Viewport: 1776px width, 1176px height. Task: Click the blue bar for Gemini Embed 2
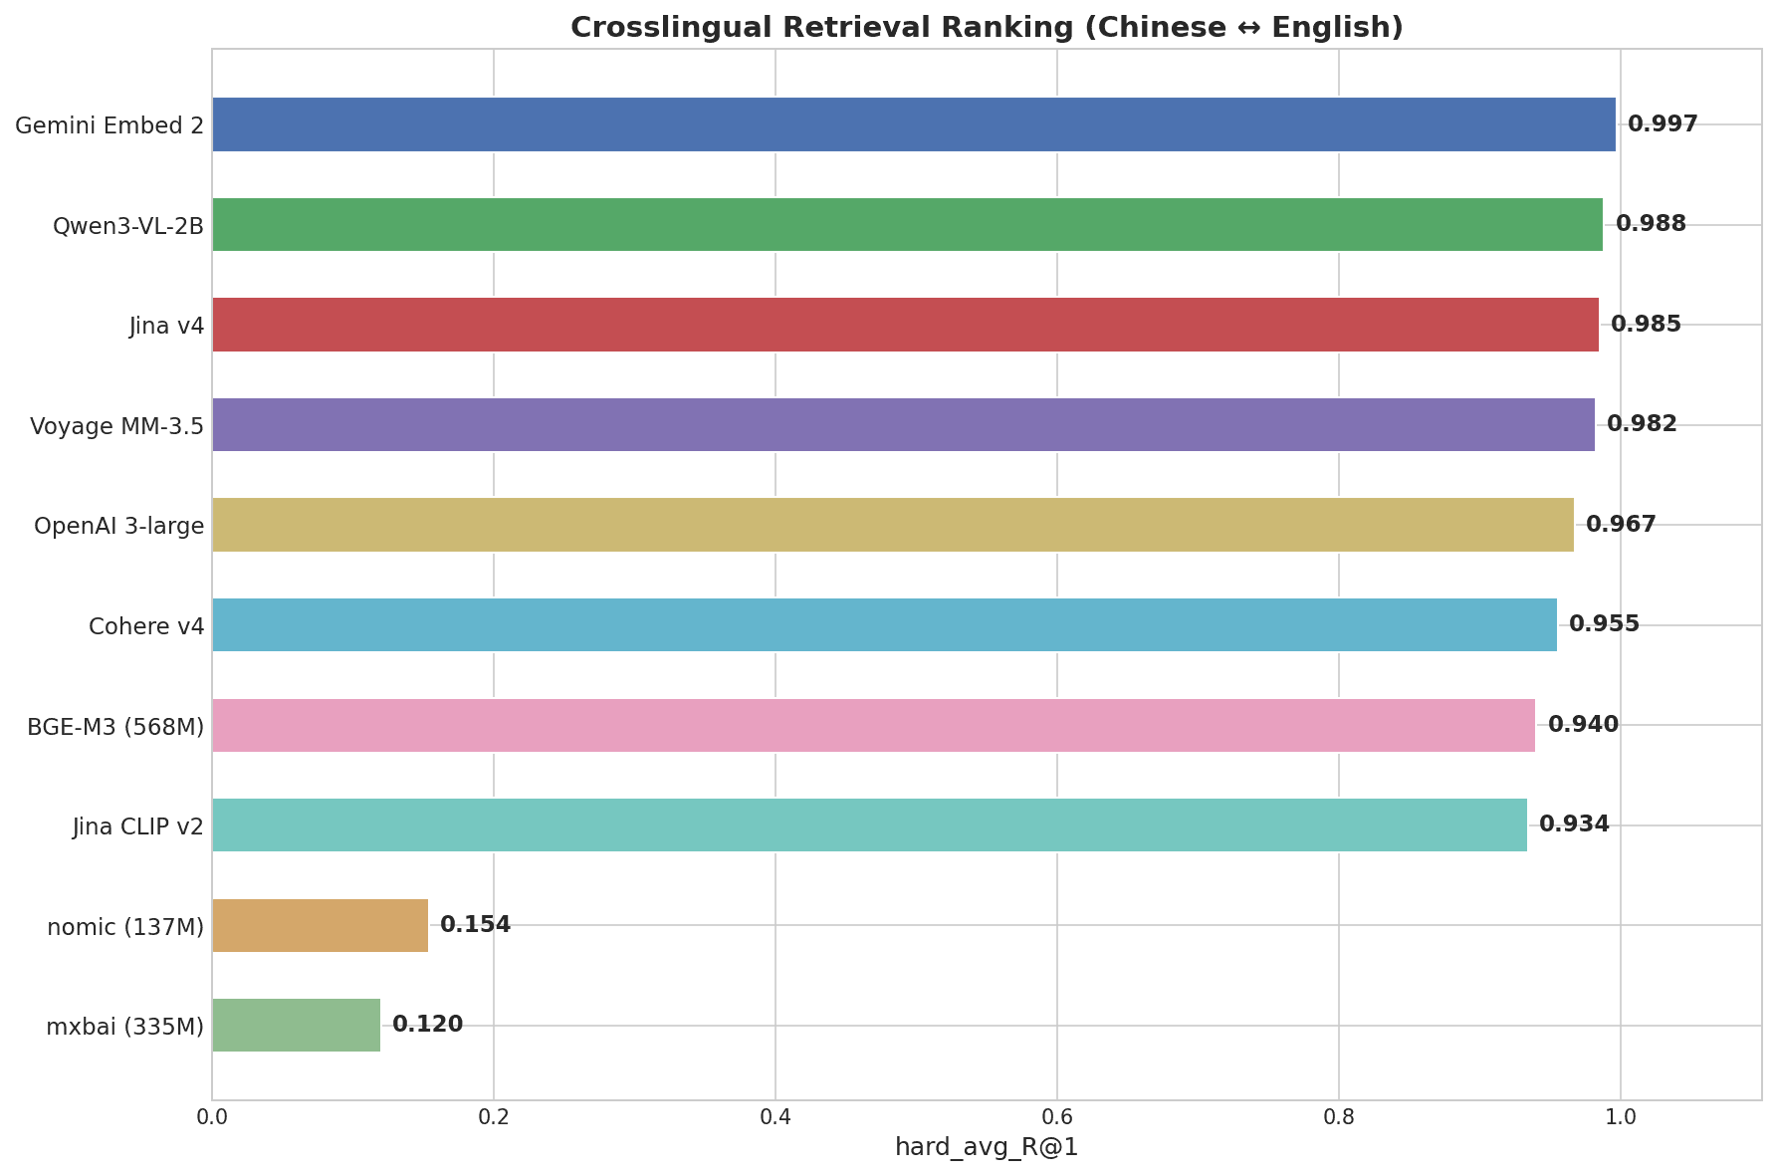coord(913,124)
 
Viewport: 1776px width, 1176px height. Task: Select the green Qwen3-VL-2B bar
coord(907,224)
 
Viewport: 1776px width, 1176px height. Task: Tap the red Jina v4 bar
coord(905,325)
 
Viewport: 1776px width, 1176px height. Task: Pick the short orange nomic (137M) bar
coord(320,925)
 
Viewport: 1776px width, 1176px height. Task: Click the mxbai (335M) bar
coord(296,1025)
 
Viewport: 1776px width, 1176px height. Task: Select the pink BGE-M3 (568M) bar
coord(873,725)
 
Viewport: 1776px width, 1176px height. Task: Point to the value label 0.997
coord(1662,124)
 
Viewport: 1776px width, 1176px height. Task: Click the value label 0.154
coord(475,925)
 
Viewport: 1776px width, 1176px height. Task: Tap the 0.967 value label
coord(1620,525)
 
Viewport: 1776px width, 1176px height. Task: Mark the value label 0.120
coord(427,1025)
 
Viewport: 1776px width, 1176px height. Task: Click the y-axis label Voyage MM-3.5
coord(116,426)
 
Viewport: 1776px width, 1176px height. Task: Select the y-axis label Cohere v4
coord(145,626)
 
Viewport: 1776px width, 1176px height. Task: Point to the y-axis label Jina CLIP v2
coord(137,826)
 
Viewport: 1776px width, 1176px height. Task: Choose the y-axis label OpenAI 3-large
coord(118,526)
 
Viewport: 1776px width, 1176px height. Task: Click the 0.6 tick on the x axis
coord(1056,1117)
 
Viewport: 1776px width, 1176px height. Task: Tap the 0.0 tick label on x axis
coord(212,1117)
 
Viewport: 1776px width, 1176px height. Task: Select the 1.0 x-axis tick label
coord(1620,1117)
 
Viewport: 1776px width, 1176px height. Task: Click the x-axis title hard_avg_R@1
coord(986,1148)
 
